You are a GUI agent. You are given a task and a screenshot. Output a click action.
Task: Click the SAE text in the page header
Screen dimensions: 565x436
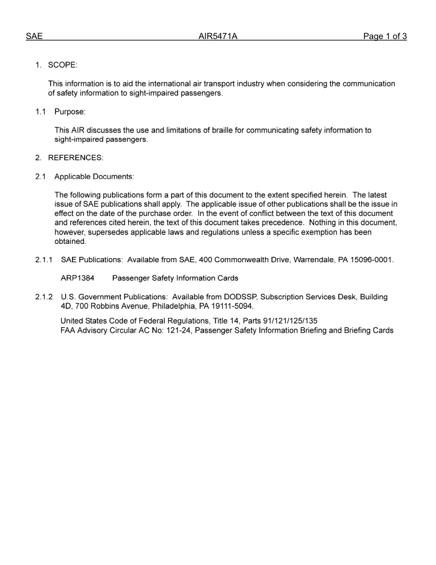point(34,36)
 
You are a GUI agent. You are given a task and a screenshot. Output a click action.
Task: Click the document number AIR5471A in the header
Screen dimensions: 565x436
point(218,36)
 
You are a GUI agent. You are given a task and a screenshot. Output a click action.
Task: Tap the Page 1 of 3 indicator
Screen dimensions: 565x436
point(385,36)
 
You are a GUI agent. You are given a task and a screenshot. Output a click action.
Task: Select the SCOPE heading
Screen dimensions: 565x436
point(62,65)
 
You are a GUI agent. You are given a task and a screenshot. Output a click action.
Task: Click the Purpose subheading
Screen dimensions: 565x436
point(70,112)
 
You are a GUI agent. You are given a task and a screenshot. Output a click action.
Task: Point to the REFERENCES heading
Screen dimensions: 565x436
point(76,158)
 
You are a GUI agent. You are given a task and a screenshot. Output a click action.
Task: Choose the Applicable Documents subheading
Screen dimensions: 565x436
point(94,176)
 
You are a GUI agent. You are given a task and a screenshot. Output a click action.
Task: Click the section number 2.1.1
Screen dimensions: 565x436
point(44,260)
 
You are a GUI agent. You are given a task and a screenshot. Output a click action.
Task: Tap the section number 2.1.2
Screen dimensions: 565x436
point(44,297)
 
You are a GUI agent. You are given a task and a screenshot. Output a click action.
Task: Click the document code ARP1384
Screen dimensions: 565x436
point(78,278)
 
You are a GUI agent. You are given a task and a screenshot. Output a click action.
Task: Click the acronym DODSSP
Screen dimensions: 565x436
point(241,297)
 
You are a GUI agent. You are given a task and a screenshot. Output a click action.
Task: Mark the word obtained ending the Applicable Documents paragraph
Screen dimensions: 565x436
point(70,242)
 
